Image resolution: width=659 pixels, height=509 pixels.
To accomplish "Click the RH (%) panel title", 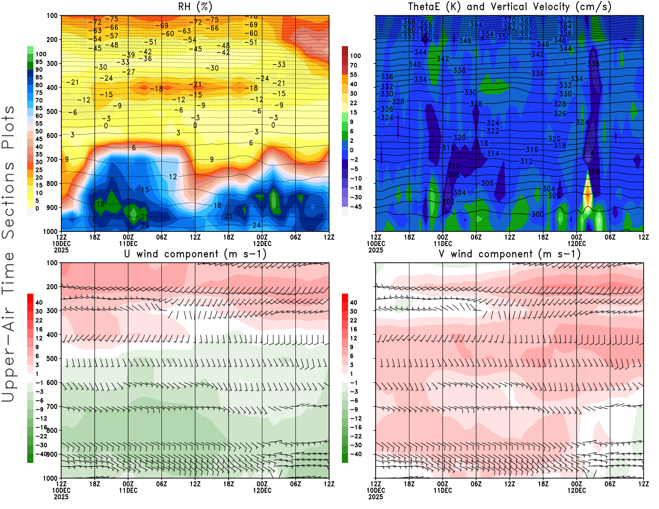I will pyautogui.click(x=195, y=7).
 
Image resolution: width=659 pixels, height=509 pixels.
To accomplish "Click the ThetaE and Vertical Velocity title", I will pyautogui.click(x=509, y=7).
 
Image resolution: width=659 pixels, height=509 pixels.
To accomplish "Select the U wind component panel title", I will pyautogui.click(x=195, y=254).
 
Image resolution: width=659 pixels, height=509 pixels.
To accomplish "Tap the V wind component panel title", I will pyautogui.click(x=509, y=254).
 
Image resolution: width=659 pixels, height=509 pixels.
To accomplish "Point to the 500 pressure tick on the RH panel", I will pyautogui.click(x=52, y=112).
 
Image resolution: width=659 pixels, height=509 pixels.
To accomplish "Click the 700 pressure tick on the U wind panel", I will pyautogui.click(x=52, y=406).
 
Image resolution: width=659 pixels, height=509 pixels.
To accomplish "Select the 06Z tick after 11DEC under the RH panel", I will pyautogui.click(x=161, y=237).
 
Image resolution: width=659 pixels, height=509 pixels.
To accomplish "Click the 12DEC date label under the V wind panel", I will pyautogui.click(x=577, y=490).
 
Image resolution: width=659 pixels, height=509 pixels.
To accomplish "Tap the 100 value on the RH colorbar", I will pyautogui.click(x=41, y=54).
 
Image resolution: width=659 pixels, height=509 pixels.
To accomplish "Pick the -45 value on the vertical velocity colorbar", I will pyautogui.click(x=355, y=207).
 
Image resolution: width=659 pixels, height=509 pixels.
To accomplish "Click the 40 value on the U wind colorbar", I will pyautogui.click(x=39, y=302).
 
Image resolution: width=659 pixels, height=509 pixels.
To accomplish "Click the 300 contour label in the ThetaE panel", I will pyautogui.click(x=537, y=214).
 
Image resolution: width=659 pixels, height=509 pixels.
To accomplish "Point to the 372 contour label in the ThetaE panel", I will pyautogui.click(x=566, y=19).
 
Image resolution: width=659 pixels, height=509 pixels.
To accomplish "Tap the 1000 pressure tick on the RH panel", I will pyautogui.click(x=50, y=231).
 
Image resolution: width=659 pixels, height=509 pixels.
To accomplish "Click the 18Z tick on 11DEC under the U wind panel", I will pyautogui.click(x=229, y=484).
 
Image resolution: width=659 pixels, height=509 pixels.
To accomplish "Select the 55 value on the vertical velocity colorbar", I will pyautogui.click(x=353, y=75).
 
